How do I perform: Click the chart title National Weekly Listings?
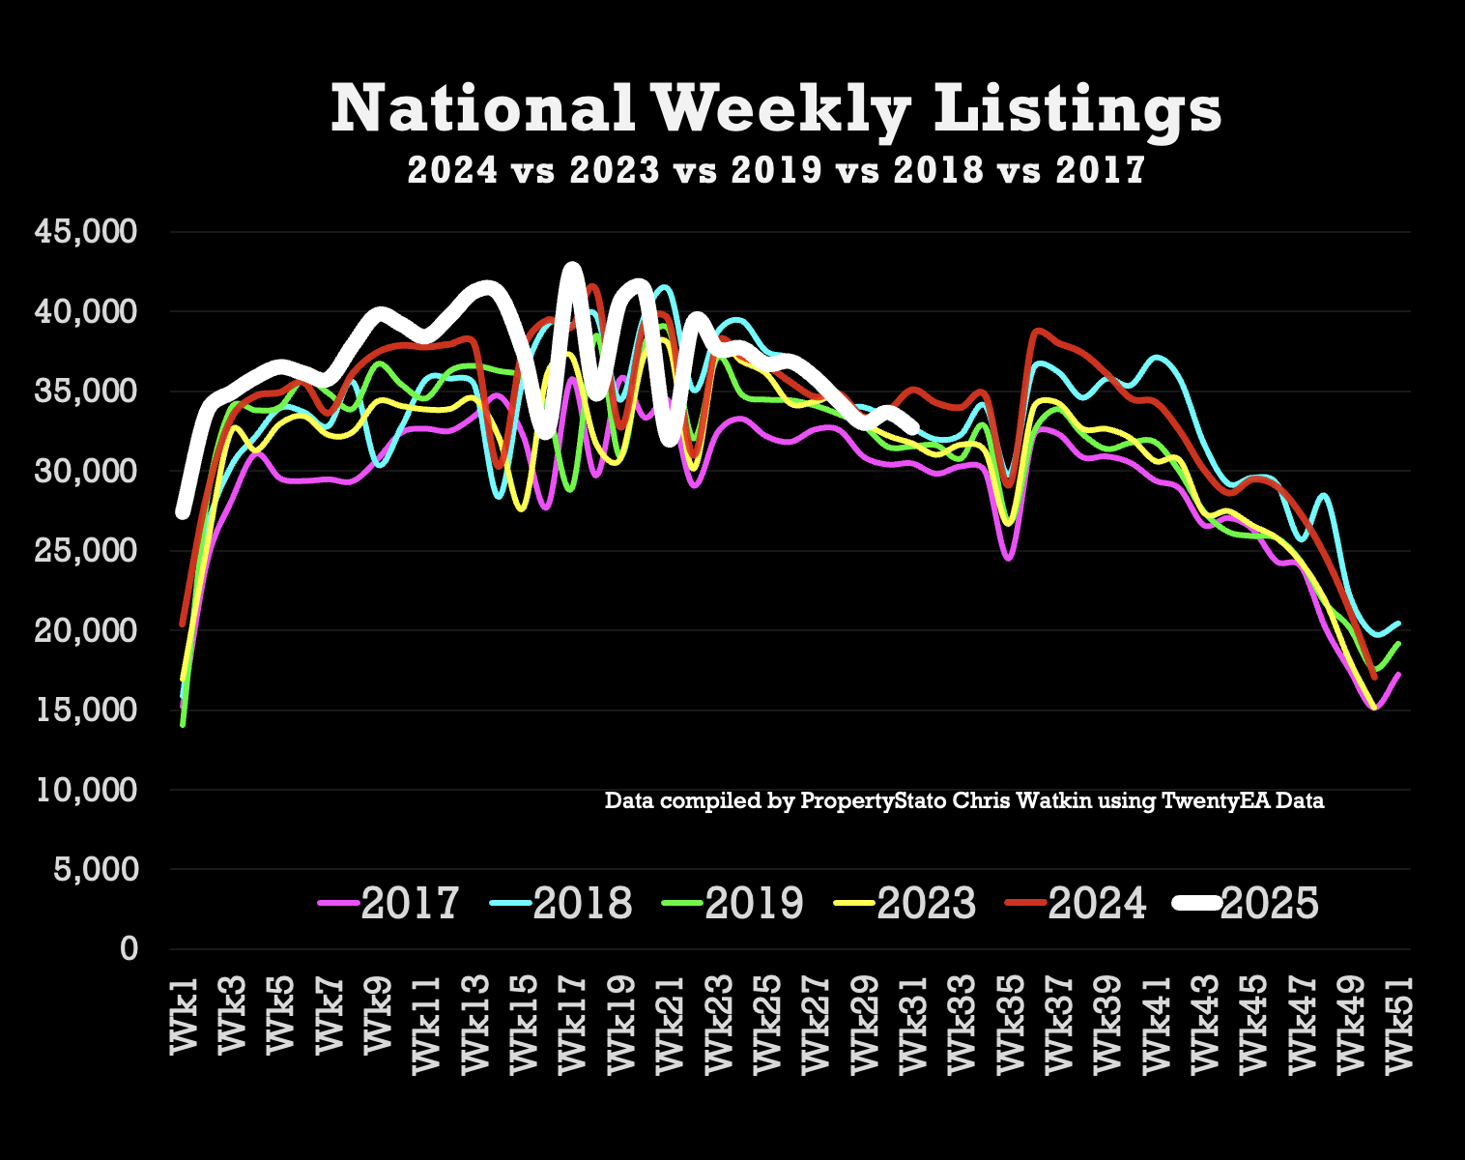776,108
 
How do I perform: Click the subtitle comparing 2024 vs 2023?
776,171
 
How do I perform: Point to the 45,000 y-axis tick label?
86,232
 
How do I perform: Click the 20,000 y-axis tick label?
86,630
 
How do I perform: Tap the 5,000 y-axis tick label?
95,869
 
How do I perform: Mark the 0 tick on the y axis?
129,949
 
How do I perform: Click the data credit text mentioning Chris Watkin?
963,801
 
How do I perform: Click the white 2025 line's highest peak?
572,268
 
